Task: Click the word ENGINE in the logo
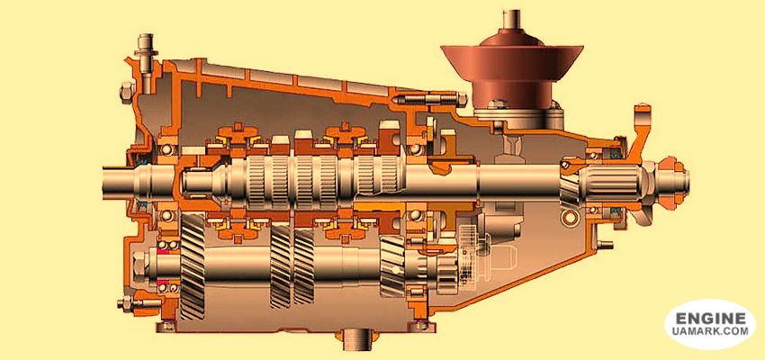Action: coord(710,319)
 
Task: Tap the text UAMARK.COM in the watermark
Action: coord(710,331)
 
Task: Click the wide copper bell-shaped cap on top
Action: coord(512,62)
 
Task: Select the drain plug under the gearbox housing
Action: coord(358,339)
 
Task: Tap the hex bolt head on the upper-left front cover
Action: coord(126,92)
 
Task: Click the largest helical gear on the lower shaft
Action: coord(193,267)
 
